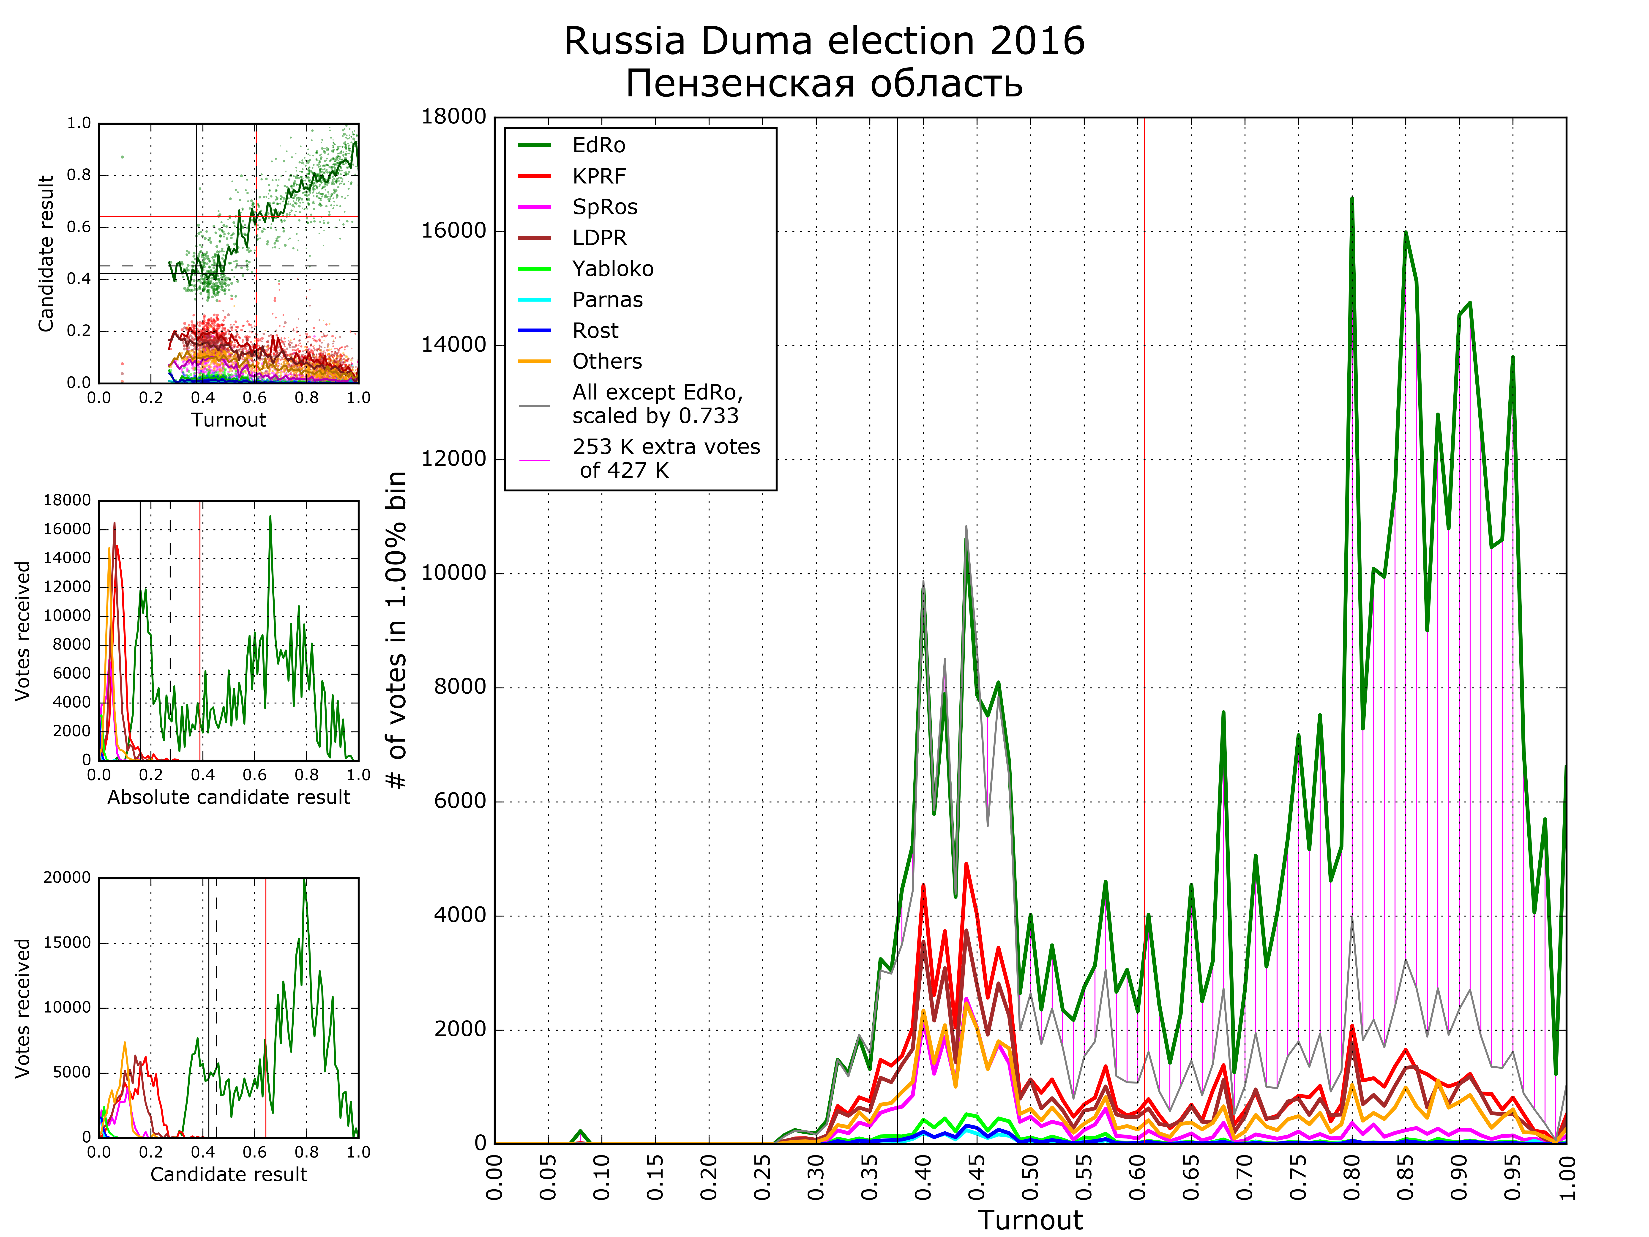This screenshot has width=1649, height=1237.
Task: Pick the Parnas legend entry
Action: (x=607, y=300)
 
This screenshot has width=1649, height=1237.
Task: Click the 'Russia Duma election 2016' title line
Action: (x=824, y=41)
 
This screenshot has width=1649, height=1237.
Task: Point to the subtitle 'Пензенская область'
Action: (x=824, y=84)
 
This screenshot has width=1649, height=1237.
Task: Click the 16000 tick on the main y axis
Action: (x=453, y=231)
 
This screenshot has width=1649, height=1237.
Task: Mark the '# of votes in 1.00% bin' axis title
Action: (x=397, y=630)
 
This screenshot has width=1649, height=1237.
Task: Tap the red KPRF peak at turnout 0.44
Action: (x=966, y=865)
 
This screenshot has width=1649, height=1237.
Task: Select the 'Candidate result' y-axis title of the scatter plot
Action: (x=46, y=254)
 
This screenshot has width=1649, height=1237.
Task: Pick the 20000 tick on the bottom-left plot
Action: (x=66, y=878)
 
